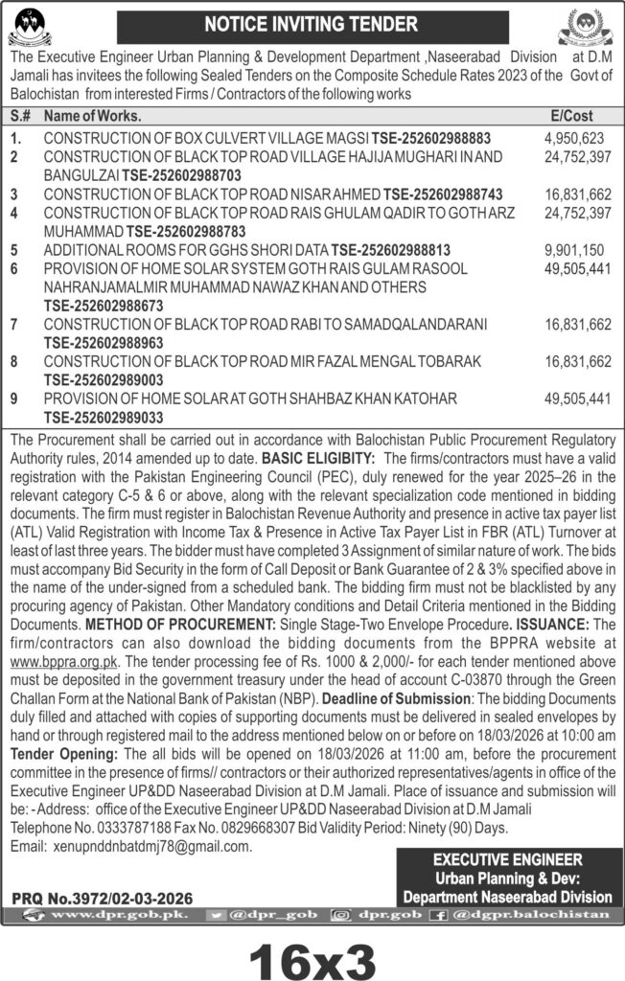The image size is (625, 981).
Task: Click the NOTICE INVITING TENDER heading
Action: pyautogui.click(x=312, y=23)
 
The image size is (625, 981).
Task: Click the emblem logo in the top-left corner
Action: pyautogui.click(x=36, y=26)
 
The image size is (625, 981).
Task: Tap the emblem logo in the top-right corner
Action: pyautogui.click(x=588, y=26)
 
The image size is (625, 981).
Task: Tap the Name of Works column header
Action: pyautogui.click(x=94, y=116)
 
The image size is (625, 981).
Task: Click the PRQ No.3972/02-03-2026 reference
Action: pyautogui.click(x=103, y=898)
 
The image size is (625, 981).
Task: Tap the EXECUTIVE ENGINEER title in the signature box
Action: pyautogui.click(x=507, y=860)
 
